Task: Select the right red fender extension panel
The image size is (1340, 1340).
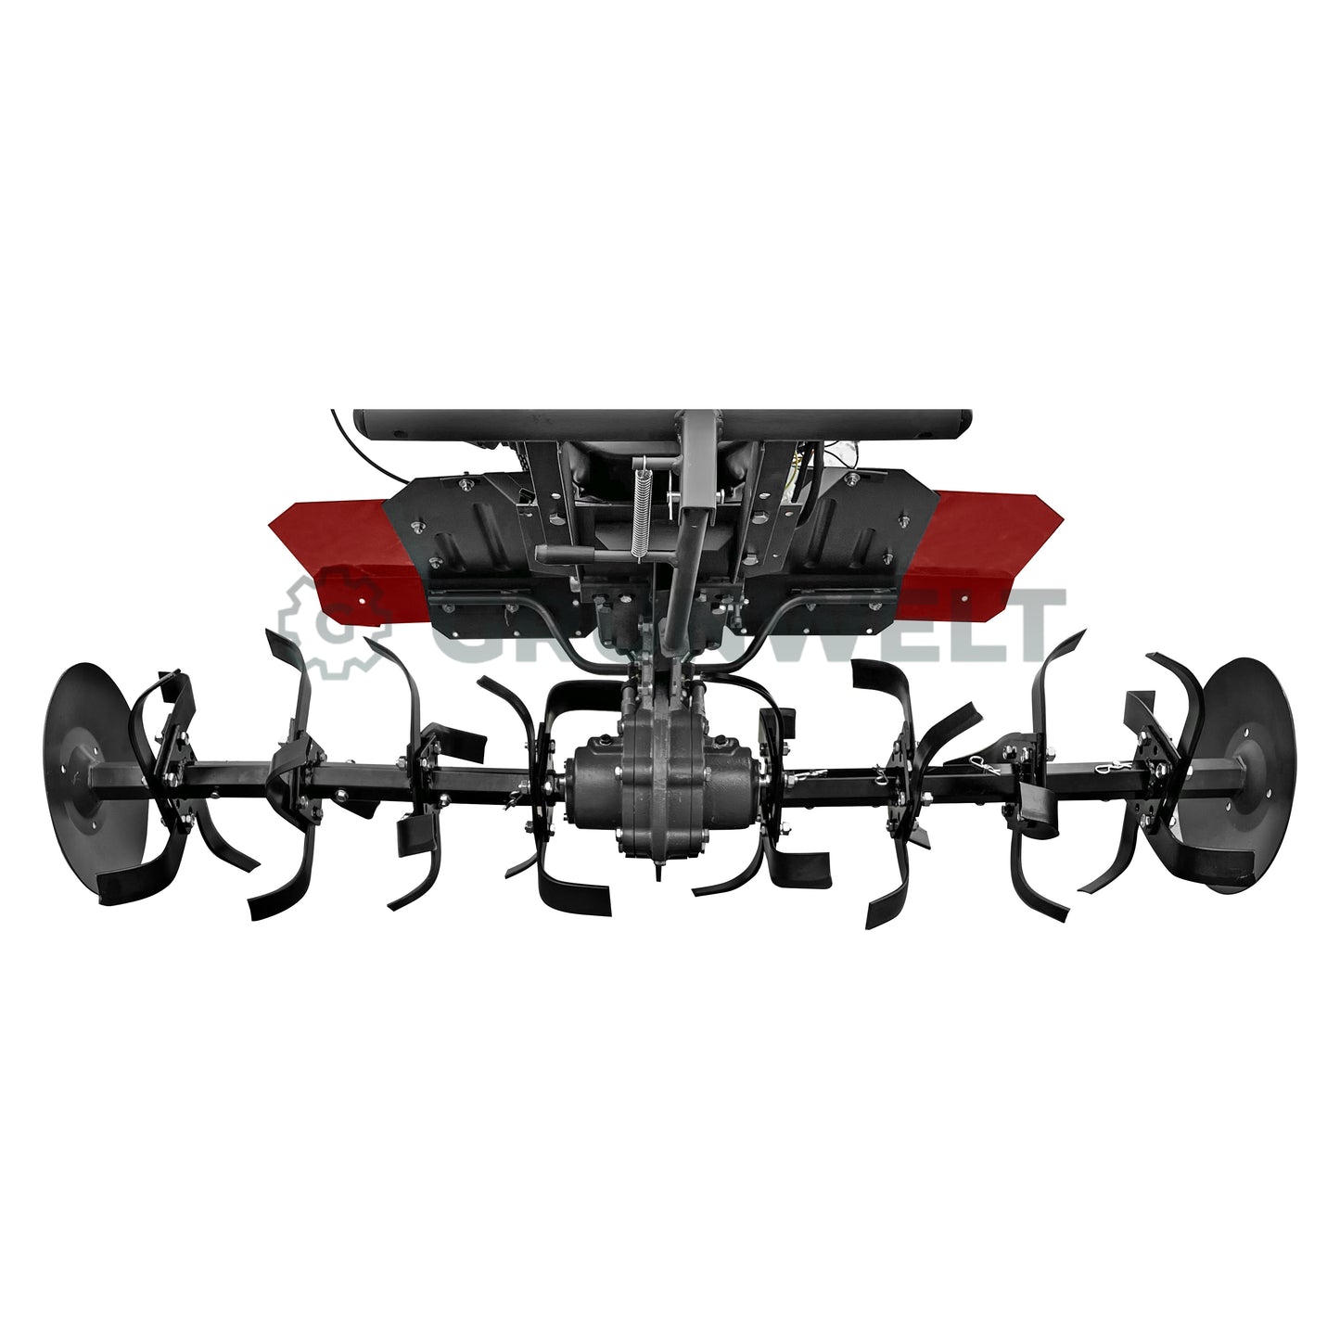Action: point(983,547)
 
